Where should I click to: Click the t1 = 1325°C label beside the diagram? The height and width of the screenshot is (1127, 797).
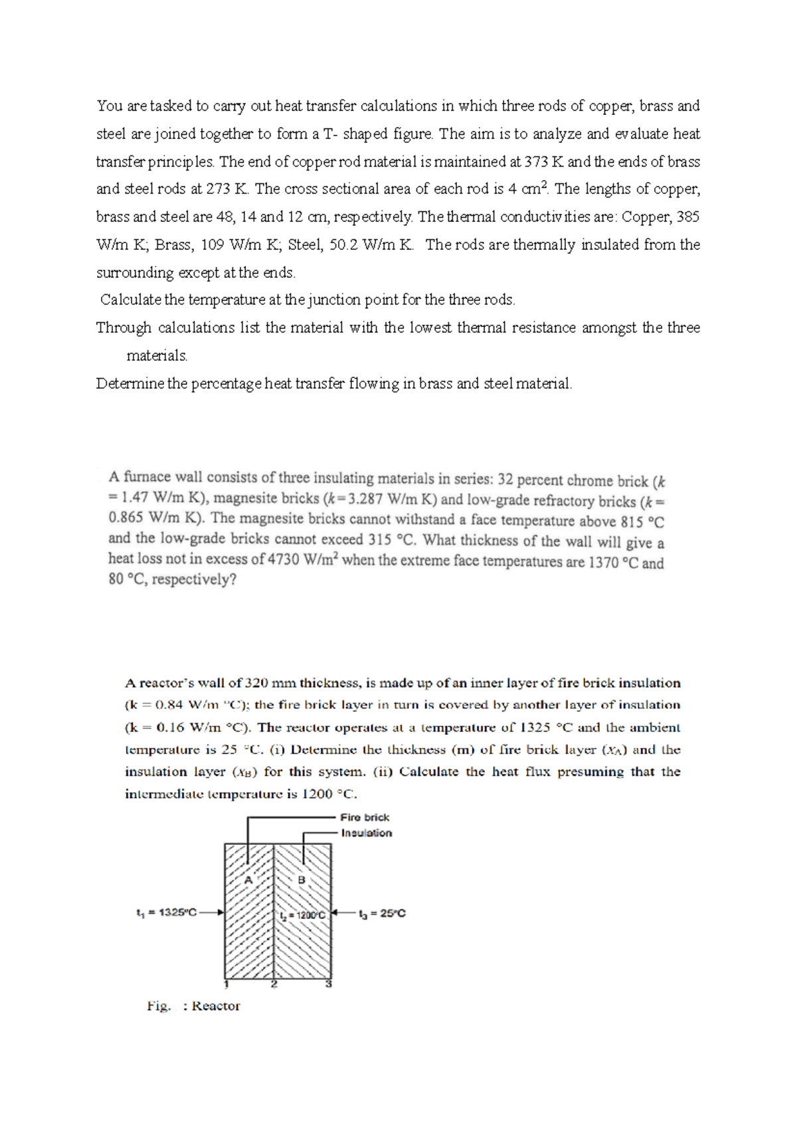(166, 912)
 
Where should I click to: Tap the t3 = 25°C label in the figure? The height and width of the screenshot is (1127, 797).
(382, 914)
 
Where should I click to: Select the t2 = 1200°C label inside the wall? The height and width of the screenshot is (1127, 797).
(303, 915)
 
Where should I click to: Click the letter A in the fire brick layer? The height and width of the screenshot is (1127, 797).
(248, 880)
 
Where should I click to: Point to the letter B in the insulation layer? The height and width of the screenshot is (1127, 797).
(301, 880)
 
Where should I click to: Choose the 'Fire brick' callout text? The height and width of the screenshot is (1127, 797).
(365, 817)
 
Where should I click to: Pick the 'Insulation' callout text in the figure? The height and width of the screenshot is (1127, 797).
(366, 833)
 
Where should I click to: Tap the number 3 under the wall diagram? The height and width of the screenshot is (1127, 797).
(328, 984)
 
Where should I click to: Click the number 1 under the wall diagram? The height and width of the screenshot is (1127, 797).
(226, 984)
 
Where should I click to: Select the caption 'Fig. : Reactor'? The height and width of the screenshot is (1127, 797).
(193, 1006)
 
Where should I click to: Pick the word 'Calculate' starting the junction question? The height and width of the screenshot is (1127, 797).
(131, 300)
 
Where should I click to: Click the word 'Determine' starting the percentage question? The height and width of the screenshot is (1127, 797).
(130, 383)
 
